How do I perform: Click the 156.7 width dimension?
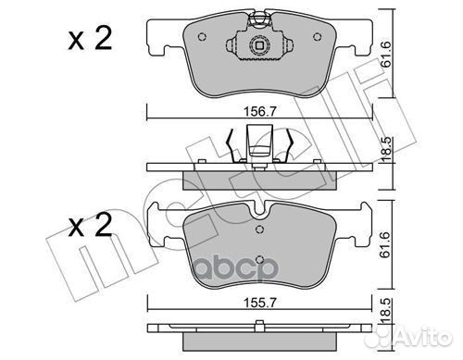click(259, 111)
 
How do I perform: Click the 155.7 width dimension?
click(259, 303)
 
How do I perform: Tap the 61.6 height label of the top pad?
click(385, 55)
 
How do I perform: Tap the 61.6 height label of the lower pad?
click(385, 245)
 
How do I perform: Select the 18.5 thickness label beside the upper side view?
click(385, 150)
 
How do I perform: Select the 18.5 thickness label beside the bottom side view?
click(385, 311)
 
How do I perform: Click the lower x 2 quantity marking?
click(90, 225)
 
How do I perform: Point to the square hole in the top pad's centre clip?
click(259, 46)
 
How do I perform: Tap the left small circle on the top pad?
click(202, 37)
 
